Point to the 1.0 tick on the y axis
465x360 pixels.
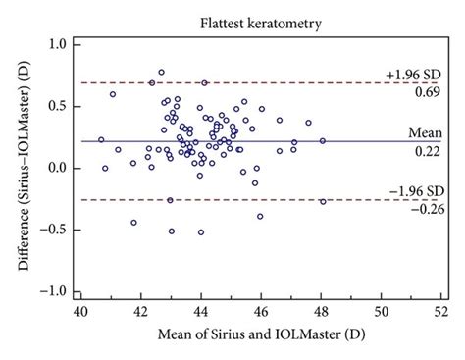[58, 45]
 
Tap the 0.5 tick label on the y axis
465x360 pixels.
[58, 107]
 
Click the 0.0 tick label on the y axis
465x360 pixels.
[58, 169]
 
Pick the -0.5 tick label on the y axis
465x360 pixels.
[55, 231]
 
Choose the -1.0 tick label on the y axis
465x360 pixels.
[55, 292]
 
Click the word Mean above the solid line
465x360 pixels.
[427, 131]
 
